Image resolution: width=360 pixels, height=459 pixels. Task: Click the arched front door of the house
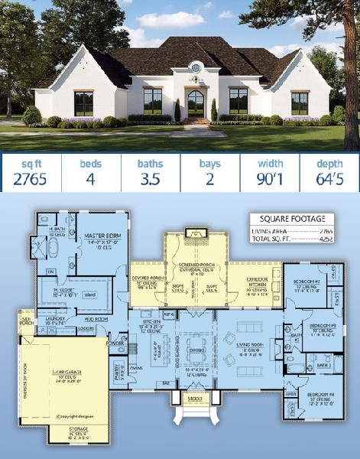click(196, 103)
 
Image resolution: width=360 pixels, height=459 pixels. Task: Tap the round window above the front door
click(196, 68)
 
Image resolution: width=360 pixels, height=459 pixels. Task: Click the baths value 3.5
click(150, 181)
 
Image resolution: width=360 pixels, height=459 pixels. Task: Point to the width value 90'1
click(270, 181)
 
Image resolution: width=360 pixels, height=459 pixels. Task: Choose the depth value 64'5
click(329, 181)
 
